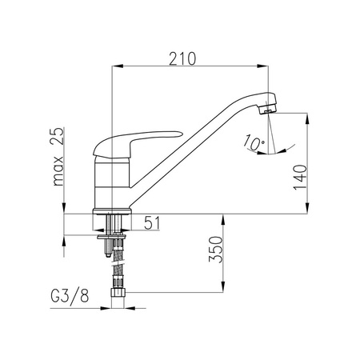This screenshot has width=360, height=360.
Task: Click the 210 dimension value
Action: tap(182, 59)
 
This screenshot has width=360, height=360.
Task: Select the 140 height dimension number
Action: tap(300, 178)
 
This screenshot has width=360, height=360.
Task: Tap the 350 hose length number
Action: tap(215, 250)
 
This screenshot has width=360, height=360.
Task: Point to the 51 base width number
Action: tap(152, 223)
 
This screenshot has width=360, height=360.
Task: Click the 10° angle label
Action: tap(254, 142)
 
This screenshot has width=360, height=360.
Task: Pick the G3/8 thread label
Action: tap(70, 296)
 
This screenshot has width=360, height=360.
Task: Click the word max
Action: tap(58, 171)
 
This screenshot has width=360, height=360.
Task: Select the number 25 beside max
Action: tap(57, 136)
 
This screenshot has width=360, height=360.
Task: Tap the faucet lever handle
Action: tap(134, 143)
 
